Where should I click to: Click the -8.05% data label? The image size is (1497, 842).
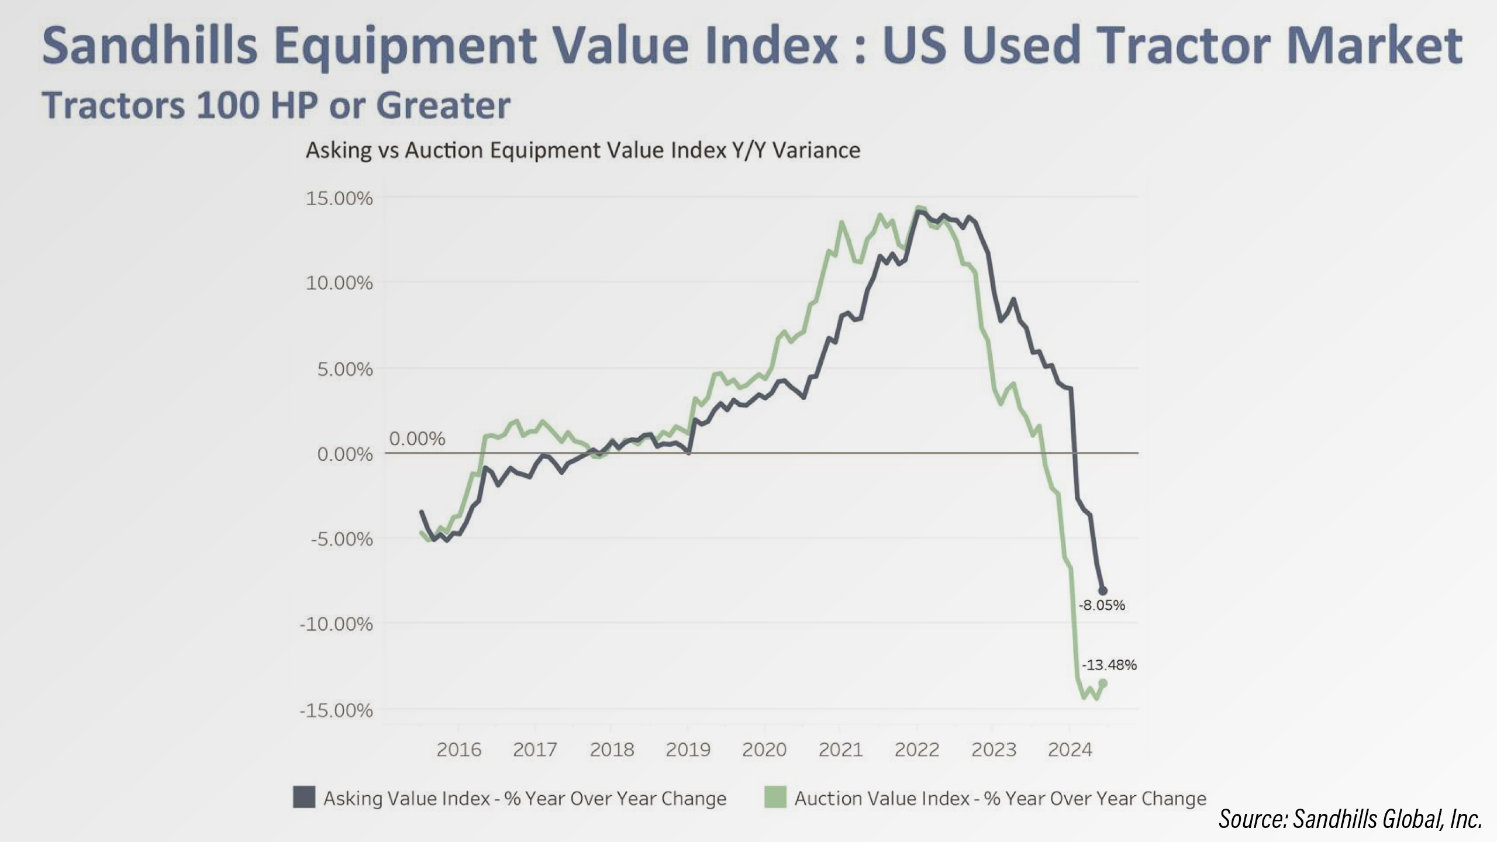click(1102, 605)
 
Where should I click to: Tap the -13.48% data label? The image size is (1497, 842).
click(1109, 665)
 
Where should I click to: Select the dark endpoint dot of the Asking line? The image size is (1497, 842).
click(1102, 591)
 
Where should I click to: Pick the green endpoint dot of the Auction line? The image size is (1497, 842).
click(1103, 683)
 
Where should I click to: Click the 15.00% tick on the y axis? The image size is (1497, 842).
click(339, 198)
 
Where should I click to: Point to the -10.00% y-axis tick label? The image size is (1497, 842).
click(336, 624)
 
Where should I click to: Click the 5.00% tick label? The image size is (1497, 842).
click(345, 369)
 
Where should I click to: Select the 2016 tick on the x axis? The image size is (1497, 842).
click(459, 749)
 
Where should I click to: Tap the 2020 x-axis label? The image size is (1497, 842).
click(764, 749)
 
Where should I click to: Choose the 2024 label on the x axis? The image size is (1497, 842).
click(1070, 749)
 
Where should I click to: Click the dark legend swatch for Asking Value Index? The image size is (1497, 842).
click(304, 798)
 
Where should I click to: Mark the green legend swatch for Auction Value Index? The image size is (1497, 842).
click(775, 798)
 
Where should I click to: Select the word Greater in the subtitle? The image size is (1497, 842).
click(443, 106)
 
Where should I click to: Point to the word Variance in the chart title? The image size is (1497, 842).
click(816, 150)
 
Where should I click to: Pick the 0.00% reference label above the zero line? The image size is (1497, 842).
click(417, 439)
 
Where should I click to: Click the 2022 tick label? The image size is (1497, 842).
click(917, 749)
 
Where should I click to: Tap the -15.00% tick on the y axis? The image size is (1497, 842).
click(336, 710)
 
